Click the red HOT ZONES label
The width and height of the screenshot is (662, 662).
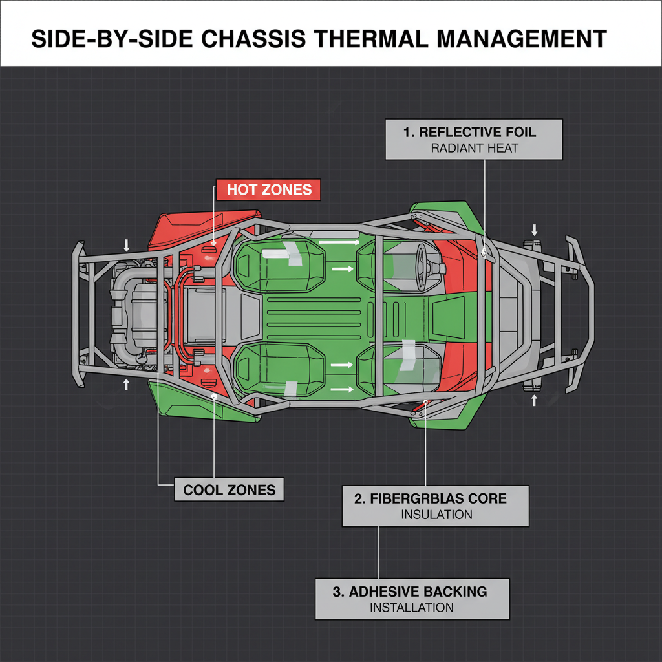(270, 189)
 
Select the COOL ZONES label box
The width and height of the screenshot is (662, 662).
(230, 489)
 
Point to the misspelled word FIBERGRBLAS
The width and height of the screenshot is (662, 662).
(438, 499)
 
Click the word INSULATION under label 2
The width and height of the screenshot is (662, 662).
(436, 515)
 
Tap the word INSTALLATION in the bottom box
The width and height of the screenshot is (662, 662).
(412, 607)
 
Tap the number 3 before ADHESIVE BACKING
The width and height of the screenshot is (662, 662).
(339, 592)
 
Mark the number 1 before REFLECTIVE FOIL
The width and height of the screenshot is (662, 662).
(408, 132)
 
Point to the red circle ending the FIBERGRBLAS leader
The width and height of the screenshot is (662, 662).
(425, 403)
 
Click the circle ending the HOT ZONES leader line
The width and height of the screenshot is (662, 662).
(213, 248)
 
